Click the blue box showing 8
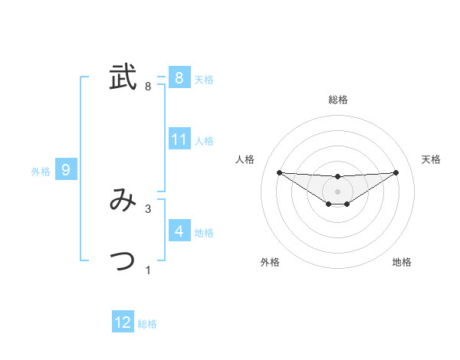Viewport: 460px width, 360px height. pyautogui.click(x=179, y=77)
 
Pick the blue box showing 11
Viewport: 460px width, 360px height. pyautogui.click(x=179, y=139)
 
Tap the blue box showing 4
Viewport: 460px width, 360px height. pyautogui.click(x=179, y=231)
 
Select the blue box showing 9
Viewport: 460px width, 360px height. pyautogui.click(x=66, y=170)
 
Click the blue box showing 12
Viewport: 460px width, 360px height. pyautogui.click(x=123, y=322)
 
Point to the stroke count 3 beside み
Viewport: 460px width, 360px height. pyautogui.click(x=148, y=208)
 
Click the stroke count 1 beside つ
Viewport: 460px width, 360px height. pyautogui.click(x=148, y=270)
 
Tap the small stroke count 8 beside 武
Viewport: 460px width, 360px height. pyautogui.click(x=148, y=87)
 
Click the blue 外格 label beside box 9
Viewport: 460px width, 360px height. pyautogui.click(x=41, y=172)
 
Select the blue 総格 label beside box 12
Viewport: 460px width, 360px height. pyautogui.click(x=147, y=324)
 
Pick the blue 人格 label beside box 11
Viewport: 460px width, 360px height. pyautogui.click(x=204, y=141)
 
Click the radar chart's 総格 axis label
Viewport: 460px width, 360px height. pyautogui.click(x=337, y=100)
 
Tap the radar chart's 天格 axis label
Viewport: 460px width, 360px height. pyautogui.click(x=431, y=159)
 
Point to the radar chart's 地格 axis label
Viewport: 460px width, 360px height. pyautogui.click(x=402, y=262)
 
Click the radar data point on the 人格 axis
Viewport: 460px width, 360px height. pyautogui.click(x=279, y=172)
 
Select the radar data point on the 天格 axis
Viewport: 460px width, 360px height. pyautogui.click(x=396, y=172)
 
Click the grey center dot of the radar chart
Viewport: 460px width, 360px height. pyautogui.click(x=337, y=191)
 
